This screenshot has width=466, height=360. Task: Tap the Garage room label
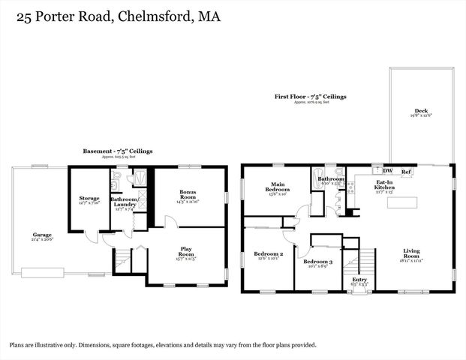42,235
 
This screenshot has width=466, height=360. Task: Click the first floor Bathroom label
330,180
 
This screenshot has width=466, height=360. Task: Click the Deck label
422,111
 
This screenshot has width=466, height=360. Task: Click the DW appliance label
388,172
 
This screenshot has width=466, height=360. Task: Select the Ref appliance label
406,172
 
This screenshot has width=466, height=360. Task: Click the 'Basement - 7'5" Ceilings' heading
117,151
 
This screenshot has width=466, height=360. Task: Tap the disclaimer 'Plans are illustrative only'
163,345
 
